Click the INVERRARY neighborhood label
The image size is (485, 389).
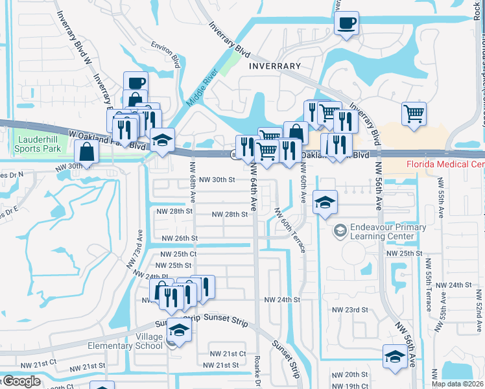point(275,66)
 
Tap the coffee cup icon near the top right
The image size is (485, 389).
point(346,24)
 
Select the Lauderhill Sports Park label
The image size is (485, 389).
point(39,145)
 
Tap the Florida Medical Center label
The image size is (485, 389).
point(445,164)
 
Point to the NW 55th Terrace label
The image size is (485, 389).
point(428,285)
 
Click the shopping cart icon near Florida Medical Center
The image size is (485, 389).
point(414,115)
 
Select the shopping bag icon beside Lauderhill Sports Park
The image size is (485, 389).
point(86,152)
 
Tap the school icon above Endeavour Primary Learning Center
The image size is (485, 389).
point(325,202)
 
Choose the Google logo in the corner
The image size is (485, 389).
point(21,382)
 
